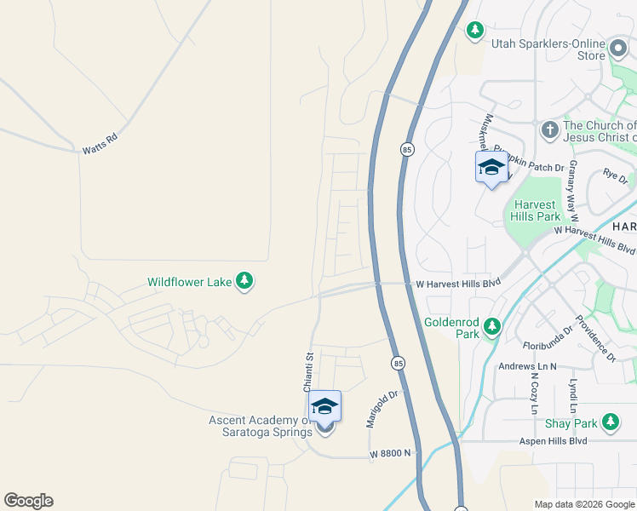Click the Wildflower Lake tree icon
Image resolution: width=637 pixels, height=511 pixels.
[x=244, y=282]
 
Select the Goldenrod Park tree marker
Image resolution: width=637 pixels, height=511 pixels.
[x=491, y=327]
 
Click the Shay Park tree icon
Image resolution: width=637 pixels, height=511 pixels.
[x=610, y=422]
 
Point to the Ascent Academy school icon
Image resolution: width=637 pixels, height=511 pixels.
[x=324, y=406]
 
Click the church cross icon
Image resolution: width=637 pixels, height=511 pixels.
[x=549, y=130]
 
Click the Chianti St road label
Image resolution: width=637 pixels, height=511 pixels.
[x=309, y=372]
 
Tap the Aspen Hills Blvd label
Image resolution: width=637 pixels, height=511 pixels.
[x=554, y=441]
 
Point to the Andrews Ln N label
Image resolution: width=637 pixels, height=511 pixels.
[x=527, y=366]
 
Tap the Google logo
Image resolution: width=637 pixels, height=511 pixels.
[x=28, y=501]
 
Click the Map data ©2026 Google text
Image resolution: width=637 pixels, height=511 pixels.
[x=584, y=504]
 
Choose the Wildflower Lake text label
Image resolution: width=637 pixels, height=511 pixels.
[x=189, y=282]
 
